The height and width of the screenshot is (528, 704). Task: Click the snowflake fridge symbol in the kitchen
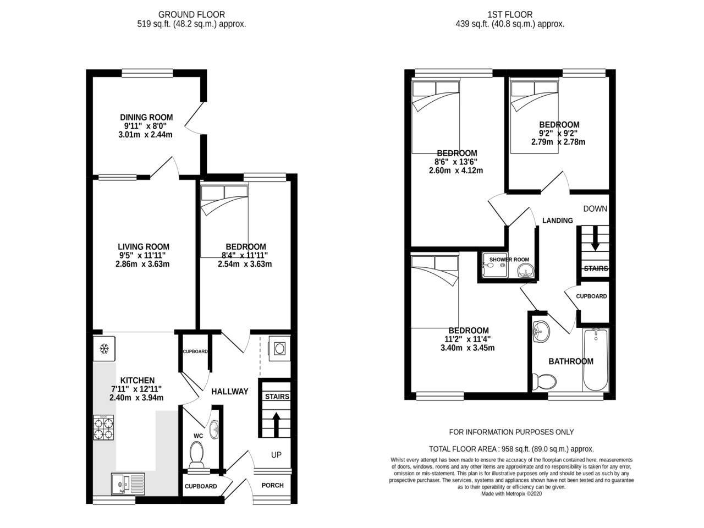[x=104, y=349]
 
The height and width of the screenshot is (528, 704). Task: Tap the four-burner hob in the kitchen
[x=103, y=428]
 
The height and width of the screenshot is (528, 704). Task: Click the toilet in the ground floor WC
[x=196, y=454]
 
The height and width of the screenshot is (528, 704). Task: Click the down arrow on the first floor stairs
[x=595, y=239]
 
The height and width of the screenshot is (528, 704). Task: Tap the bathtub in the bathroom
[x=595, y=360]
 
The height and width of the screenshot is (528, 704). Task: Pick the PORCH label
[x=272, y=485]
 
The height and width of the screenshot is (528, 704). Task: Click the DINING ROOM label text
[x=146, y=117]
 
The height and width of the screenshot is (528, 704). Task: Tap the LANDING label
[x=558, y=221]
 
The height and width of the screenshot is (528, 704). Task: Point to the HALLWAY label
[x=230, y=392]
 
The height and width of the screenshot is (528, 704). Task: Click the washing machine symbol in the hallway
[x=279, y=349]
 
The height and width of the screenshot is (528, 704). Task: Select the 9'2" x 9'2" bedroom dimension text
[x=558, y=133]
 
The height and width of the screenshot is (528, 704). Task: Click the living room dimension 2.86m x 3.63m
[x=142, y=264]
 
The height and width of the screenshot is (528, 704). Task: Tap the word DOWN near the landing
[x=595, y=208]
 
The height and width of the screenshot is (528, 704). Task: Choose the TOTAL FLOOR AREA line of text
[x=512, y=449]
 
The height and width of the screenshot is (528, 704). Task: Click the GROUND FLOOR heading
[x=191, y=15]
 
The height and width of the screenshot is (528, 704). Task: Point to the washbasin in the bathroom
[x=541, y=332]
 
